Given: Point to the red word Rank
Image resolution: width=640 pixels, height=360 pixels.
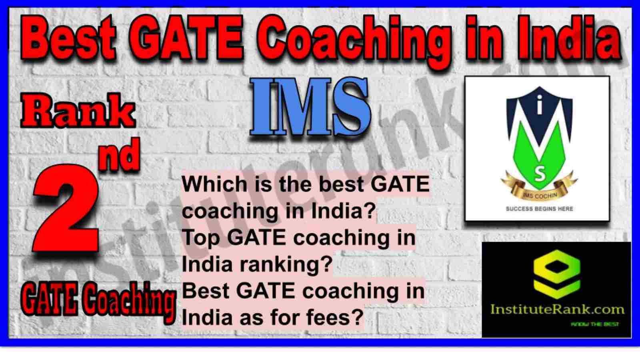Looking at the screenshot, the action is pyautogui.click(x=78, y=112).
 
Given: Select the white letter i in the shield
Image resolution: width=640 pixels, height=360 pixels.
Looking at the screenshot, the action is pyautogui.click(x=540, y=104).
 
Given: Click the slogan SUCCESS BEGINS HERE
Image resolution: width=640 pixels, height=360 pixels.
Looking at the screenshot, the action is pyautogui.click(x=540, y=209).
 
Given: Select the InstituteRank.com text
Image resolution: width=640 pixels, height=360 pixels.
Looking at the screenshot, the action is pyautogui.click(x=557, y=310).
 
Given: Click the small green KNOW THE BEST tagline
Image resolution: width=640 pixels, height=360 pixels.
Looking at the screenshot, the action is pyautogui.click(x=595, y=324).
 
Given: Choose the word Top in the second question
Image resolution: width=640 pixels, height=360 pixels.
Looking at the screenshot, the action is pyautogui.click(x=201, y=238).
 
